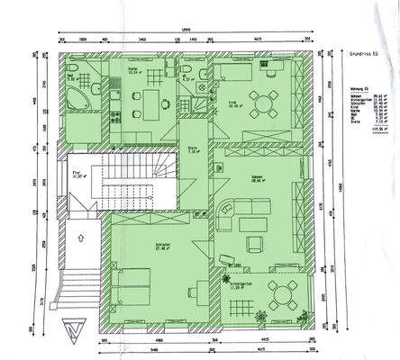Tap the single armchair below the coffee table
tap(256, 242)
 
